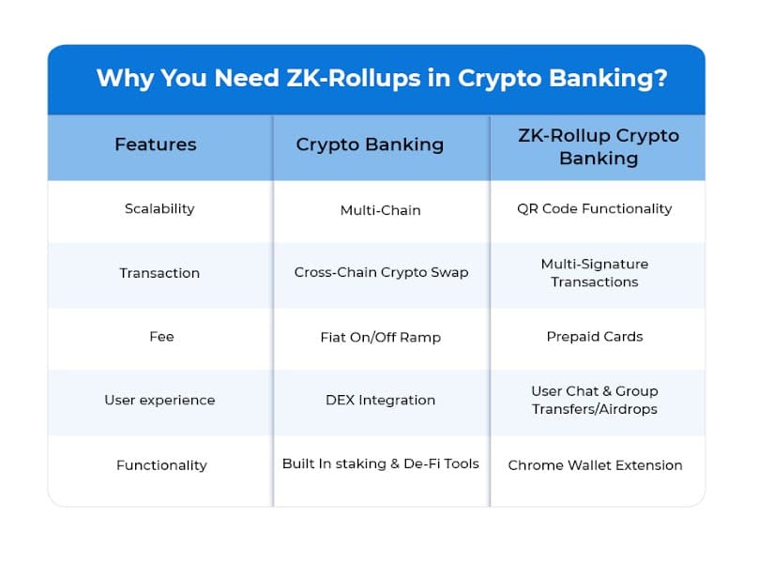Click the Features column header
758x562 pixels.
(155, 144)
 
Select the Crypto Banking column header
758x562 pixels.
(370, 144)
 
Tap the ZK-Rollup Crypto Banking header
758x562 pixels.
(599, 147)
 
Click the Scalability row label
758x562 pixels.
(159, 208)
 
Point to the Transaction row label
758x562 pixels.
(159, 273)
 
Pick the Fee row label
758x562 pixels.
(161, 336)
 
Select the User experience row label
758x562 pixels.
(159, 400)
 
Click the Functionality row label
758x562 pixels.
(161, 464)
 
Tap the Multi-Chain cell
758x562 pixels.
(381, 210)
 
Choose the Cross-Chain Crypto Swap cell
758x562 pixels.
(381, 272)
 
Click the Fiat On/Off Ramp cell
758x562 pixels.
(381, 337)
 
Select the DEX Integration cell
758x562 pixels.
(381, 400)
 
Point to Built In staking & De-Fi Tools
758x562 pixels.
(381, 463)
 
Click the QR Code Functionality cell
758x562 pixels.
(595, 208)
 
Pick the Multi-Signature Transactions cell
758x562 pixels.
(595, 273)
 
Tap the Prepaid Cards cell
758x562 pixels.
(595, 336)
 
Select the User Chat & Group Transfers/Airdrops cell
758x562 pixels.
(595, 400)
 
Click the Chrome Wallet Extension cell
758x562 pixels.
(595, 464)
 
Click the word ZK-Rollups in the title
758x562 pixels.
(354, 78)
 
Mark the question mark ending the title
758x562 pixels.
(660, 78)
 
